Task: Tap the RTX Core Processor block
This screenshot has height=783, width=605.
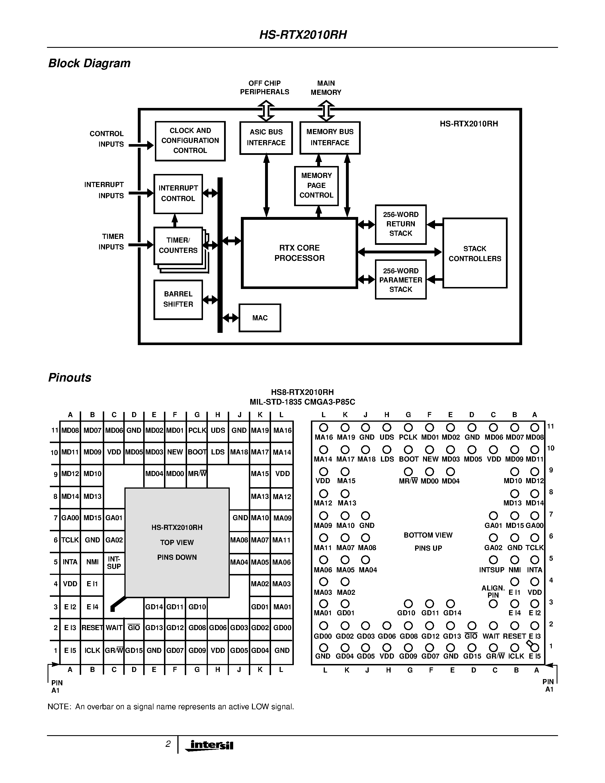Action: click(299, 253)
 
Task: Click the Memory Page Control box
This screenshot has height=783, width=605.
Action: click(316, 186)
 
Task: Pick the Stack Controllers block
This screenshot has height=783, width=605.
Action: click(475, 253)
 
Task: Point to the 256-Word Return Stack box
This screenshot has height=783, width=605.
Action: click(400, 224)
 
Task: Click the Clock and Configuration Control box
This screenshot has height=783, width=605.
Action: click(190, 141)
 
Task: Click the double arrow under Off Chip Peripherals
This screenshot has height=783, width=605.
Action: click(266, 111)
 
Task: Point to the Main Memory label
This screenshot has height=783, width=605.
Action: click(326, 88)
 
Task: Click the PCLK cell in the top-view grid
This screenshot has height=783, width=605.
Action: click(197, 430)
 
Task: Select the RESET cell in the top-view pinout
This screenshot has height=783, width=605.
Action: click(92, 628)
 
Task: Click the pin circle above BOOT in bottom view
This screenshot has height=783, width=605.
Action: click(408, 450)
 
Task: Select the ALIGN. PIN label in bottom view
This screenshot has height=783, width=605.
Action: click(493, 591)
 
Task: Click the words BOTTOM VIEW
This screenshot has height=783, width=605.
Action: click(428, 535)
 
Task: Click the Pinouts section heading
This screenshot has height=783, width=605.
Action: click(70, 378)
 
